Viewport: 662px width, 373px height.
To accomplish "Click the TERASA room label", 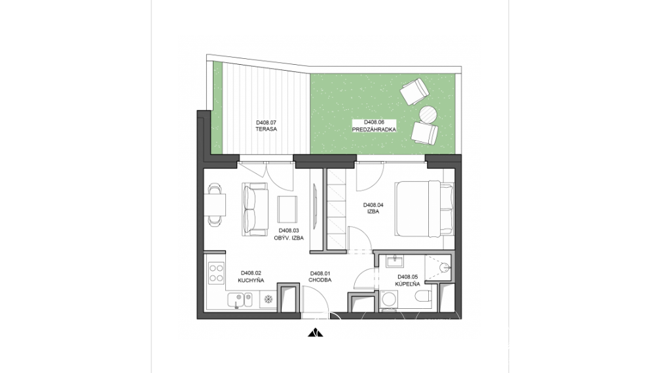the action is pyautogui.click(x=266, y=129).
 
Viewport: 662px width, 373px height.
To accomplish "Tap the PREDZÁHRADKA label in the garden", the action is pyautogui.click(x=374, y=130).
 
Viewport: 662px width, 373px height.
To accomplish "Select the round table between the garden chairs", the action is pyautogui.click(x=428, y=114).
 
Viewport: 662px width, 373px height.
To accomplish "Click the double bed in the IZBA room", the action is pyautogui.click(x=424, y=209).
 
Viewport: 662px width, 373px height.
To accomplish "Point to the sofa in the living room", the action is pyautogui.click(x=255, y=209).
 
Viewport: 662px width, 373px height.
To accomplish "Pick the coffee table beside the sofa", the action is pyautogui.click(x=287, y=209).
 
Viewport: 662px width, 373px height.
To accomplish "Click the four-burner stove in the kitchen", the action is pyautogui.click(x=216, y=272).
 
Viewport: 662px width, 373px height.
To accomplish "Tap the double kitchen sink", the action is pyautogui.click(x=240, y=300).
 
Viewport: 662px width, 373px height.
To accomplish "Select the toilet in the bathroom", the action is pyautogui.click(x=422, y=298).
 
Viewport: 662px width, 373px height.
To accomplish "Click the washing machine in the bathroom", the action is pyautogui.click(x=389, y=300).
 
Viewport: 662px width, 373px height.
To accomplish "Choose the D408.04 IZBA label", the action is pyautogui.click(x=373, y=208).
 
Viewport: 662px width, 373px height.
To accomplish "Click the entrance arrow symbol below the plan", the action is pyautogui.click(x=316, y=333).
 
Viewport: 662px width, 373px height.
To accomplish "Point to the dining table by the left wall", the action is pyautogui.click(x=215, y=205).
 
